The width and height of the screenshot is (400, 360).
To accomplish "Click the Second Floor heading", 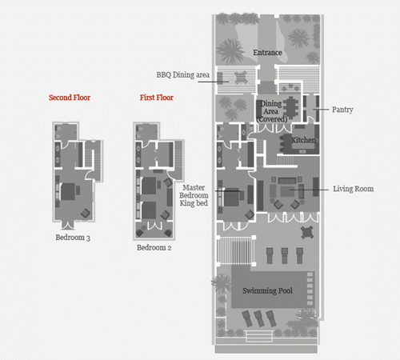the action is pyautogui.click(x=70, y=98).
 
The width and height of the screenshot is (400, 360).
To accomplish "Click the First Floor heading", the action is pyautogui.click(x=157, y=98).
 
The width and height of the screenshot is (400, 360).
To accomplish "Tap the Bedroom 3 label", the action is pyautogui.click(x=73, y=238).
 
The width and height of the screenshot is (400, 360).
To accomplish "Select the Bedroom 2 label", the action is pyautogui.click(x=154, y=247).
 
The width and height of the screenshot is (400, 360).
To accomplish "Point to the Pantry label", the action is pyautogui.click(x=342, y=110).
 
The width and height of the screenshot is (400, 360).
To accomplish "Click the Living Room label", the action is pyautogui.click(x=354, y=189).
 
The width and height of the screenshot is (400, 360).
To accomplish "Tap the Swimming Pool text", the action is pyautogui.click(x=267, y=290).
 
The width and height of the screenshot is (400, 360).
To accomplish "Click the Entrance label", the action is pyautogui.click(x=267, y=53).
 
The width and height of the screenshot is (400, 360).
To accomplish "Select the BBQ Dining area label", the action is pyautogui.click(x=183, y=75).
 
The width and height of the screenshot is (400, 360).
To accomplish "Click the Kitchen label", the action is pyautogui.click(x=303, y=140).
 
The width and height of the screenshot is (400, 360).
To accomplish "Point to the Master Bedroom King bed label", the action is pyautogui.click(x=194, y=195).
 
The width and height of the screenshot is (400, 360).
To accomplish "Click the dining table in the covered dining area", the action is pyautogui.click(x=290, y=107).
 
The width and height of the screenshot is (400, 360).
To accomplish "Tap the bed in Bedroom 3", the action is pyautogui.click(x=68, y=191).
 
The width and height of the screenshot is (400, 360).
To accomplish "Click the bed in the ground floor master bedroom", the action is pyautogui.click(x=232, y=198).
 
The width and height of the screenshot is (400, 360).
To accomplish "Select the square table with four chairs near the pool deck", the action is pyautogui.click(x=306, y=233).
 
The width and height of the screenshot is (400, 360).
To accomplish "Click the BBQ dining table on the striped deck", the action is pyautogui.click(x=241, y=78).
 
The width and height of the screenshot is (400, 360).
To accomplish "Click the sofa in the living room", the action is pyautogui.click(x=287, y=181).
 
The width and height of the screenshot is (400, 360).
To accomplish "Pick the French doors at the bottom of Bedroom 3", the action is pyautogui.click(x=68, y=226).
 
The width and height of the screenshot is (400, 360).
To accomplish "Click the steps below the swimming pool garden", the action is pyautogui.click(x=259, y=336).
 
